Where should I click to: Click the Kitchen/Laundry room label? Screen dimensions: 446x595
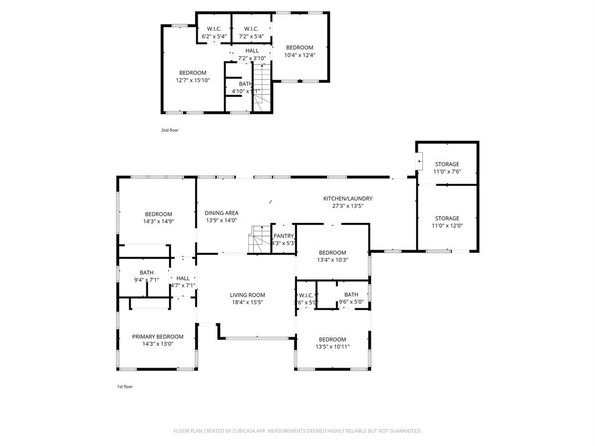coord(347,199)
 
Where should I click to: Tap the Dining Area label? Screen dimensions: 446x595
coord(222,213)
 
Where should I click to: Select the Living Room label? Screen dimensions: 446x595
coord(247,295)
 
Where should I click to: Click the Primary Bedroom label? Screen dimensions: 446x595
coord(157,337)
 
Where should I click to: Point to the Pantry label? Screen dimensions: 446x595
coord(284,236)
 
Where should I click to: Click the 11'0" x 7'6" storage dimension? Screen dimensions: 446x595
coord(447,172)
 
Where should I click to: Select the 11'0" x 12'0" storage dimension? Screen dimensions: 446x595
coord(447,226)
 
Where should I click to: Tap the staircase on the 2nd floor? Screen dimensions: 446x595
coord(263,87)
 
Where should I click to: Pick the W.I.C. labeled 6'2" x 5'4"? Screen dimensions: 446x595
coord(214,29)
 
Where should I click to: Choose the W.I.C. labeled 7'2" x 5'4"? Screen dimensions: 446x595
coord(251,29)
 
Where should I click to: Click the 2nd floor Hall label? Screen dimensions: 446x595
coord(252,51)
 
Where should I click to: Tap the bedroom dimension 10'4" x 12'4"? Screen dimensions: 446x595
coord(299,55)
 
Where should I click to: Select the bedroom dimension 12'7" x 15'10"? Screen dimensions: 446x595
coord(193,80)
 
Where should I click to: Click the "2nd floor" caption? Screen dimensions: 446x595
coord(170,130)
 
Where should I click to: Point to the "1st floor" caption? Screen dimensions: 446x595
coord(125,386)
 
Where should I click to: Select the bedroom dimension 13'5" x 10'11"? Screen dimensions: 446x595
coord(332,347)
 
